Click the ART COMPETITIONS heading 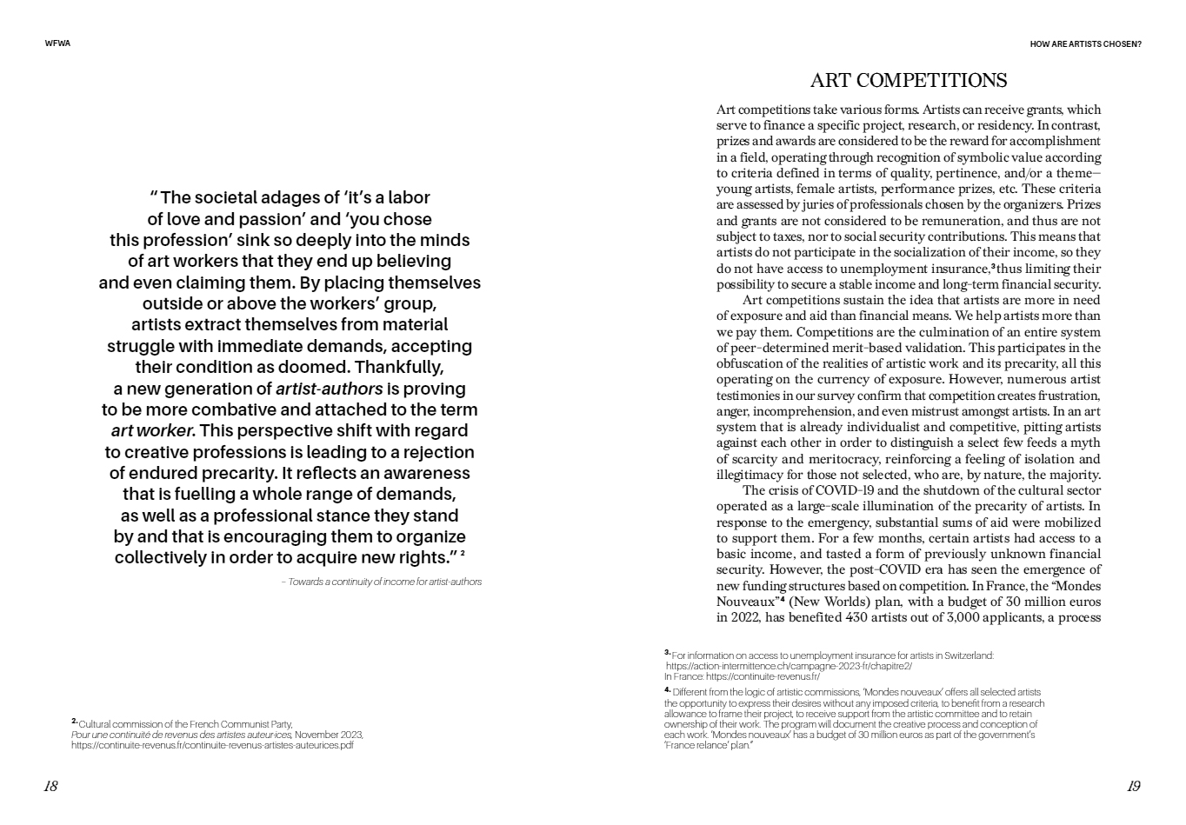[908, 81]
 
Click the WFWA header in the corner [57, 43]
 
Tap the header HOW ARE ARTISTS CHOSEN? [1085, 43]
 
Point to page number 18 [50, 786]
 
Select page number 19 [1133, 786]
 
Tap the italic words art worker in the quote [152, 430]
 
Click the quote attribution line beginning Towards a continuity [381, 582]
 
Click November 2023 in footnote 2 [328, 735]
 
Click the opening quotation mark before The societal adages [153, 196]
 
